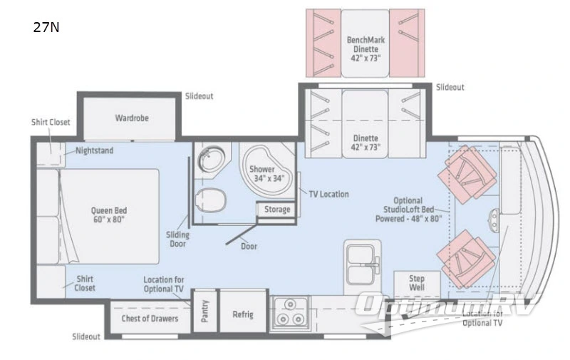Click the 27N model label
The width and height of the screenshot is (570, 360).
click(x=46, y=27)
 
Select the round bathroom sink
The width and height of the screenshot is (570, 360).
click(x=211, y=159)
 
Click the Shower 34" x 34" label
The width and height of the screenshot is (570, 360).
click(x=269, y=174)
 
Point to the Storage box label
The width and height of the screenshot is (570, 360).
click(x=277, y=210)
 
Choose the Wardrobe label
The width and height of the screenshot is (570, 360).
click(x=132, y=118)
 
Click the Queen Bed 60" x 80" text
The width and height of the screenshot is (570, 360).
click(x=109, y=215)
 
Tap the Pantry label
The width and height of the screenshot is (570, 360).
click(x=204, y=311)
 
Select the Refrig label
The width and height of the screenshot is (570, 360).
click(x=242, y=314)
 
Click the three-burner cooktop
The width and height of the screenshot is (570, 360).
click(x=291, y=313)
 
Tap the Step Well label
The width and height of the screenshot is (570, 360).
click(x=417, y=283)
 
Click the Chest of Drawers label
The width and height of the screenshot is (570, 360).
click(x=150, y=319)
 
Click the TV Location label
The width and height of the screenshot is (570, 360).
click(x=328, y=194)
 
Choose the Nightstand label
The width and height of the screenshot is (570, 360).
click(x=94, y=150)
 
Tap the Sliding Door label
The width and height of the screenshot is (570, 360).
click(x=177, y=240)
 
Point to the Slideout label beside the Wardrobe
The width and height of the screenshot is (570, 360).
click(x=199, y=96)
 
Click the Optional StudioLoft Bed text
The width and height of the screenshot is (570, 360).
click(x=408, y=205)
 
